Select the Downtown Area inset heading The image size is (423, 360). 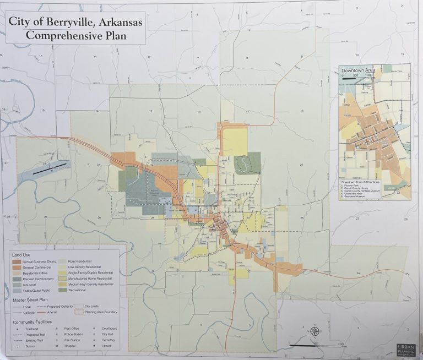pyautogui.click(x=359, y=71)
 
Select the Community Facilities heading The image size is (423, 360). pyautogui.click(x=34, y=321)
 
